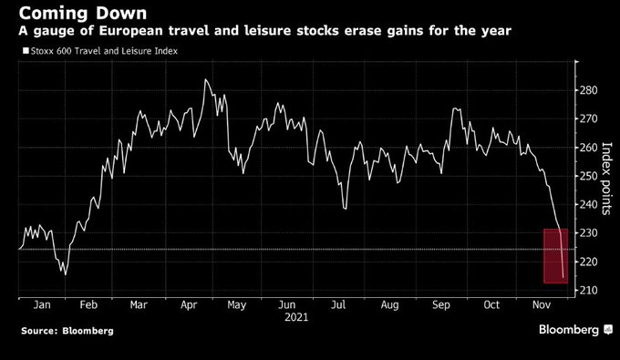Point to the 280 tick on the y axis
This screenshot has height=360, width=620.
click(588, 90)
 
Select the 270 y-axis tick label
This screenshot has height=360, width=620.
click(588, 119)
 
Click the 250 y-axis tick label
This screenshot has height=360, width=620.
click(588, 176)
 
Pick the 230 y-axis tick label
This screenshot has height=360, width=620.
click(588, 233)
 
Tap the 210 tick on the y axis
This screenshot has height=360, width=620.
click(588, 291)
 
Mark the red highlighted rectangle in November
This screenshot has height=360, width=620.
click(555, 255)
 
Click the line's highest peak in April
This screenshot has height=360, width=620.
click(205, 79)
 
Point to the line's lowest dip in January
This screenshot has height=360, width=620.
click(66, 273)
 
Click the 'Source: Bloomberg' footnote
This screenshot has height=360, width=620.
click(63, 330)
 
